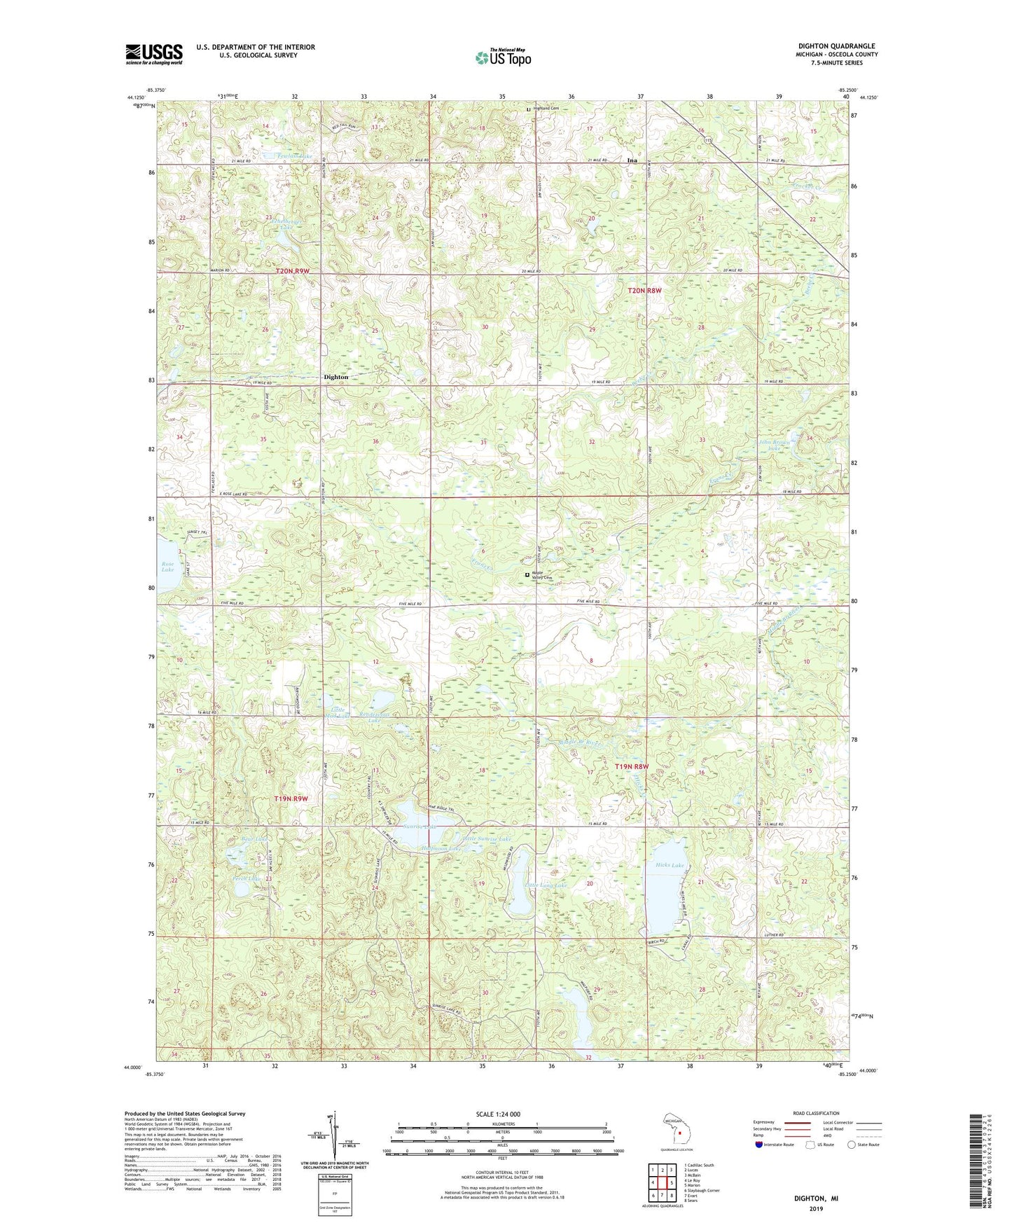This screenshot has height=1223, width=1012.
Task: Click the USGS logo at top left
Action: point(154,53)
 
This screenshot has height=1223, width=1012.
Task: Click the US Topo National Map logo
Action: point(502,57)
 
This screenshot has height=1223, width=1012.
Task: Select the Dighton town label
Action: point(335,377)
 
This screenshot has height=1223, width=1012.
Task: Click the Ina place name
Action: point(632,160)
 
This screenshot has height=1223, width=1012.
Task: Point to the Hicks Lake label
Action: point(669,866)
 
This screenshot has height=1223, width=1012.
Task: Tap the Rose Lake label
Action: point(167,567)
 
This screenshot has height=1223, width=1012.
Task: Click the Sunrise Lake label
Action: point(420,827)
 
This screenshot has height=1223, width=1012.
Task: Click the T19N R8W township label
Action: point(632,767)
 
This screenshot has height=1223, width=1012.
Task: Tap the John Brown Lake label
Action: point(773,445)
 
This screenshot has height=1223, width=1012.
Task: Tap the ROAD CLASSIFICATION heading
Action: point(817,1113)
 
